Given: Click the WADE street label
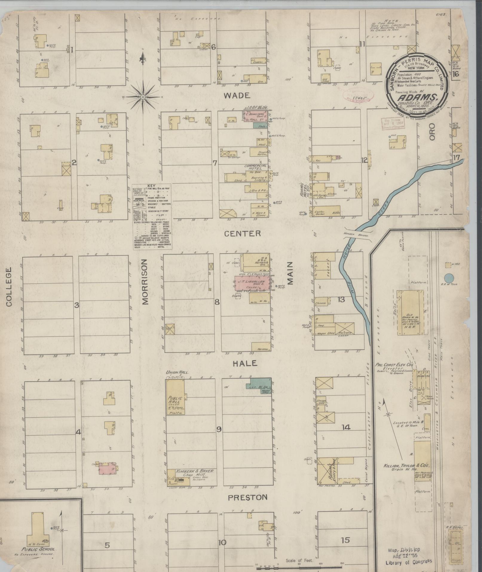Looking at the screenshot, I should click(237, 96).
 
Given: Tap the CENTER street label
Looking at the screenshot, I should click(247, 234).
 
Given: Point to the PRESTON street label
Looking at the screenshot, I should click(247, 498).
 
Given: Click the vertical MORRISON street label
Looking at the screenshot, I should click(145, 282).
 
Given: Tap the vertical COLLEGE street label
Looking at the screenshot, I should click(8, 287).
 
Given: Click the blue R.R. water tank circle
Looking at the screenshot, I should click(448, 278).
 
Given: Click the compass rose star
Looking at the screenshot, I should click(143, 97).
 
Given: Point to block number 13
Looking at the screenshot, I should click(341, 300).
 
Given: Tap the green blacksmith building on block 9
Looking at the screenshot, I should click(259, 386).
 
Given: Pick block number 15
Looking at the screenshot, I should click(345, 540).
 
